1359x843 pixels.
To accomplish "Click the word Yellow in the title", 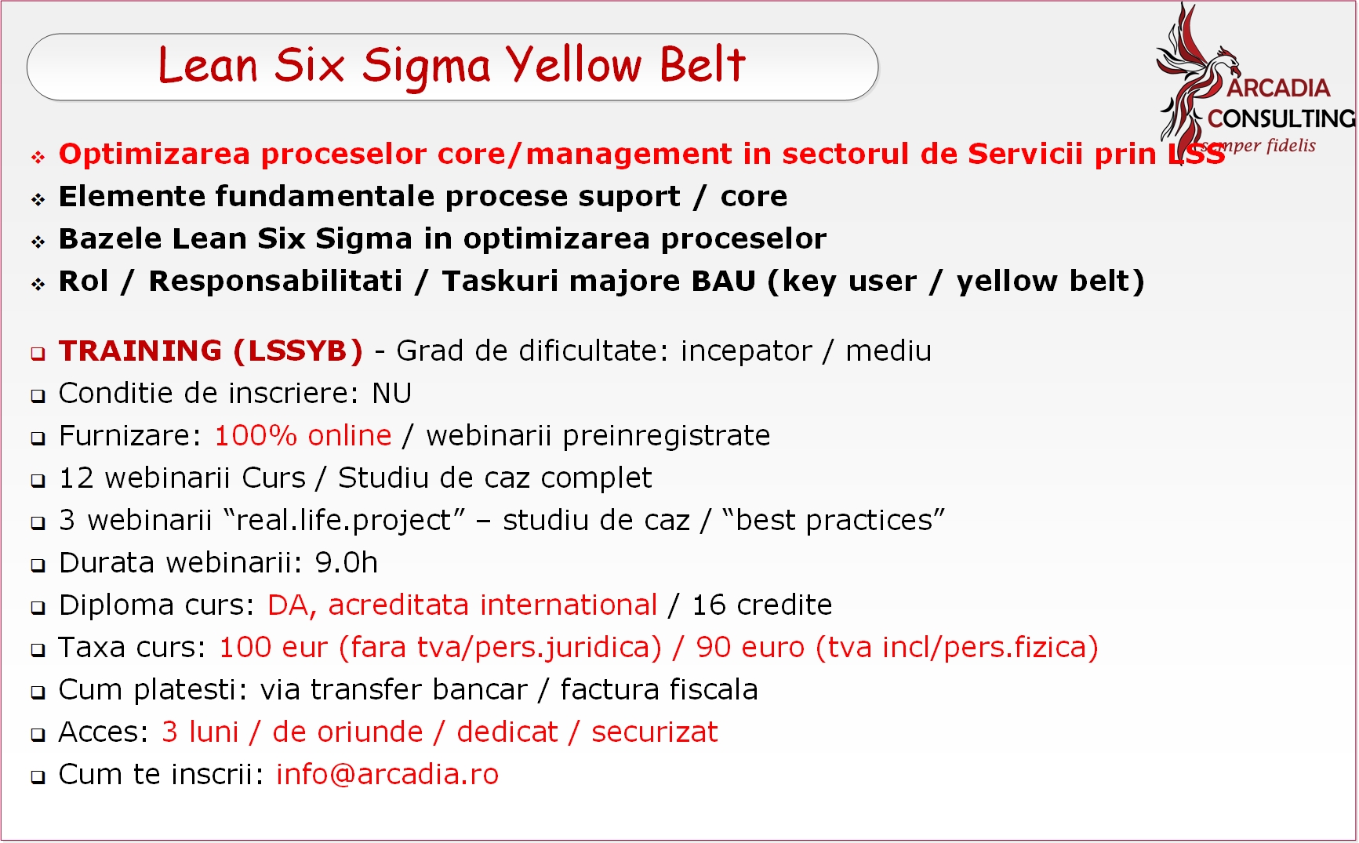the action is coord(573,64).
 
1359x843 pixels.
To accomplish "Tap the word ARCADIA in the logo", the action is coord(1278,88).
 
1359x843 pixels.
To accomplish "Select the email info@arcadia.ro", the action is coord(387,774).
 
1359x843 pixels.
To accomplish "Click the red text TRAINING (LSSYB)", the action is coord(211,351).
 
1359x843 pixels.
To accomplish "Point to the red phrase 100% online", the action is coord(303,435).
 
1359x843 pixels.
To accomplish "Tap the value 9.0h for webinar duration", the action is coord(347,562).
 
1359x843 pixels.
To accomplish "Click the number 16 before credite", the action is coord(708,605).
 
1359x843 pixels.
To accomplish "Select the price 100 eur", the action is coord(273,647).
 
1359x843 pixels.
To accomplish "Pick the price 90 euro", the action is coord(750,647).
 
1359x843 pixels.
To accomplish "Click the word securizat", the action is coord(655,732).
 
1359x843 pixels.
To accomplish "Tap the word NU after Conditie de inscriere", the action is coord(392,393).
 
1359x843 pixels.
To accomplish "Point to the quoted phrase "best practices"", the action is coord(834,520).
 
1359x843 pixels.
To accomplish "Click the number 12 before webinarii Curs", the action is coord(76,478).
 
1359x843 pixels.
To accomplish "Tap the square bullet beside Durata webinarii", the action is coord(38,565).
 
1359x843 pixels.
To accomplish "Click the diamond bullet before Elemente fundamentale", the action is coord(38,199).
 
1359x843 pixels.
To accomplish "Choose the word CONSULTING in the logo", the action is coord(1281,118).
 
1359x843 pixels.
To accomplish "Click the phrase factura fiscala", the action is coord(660,689).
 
